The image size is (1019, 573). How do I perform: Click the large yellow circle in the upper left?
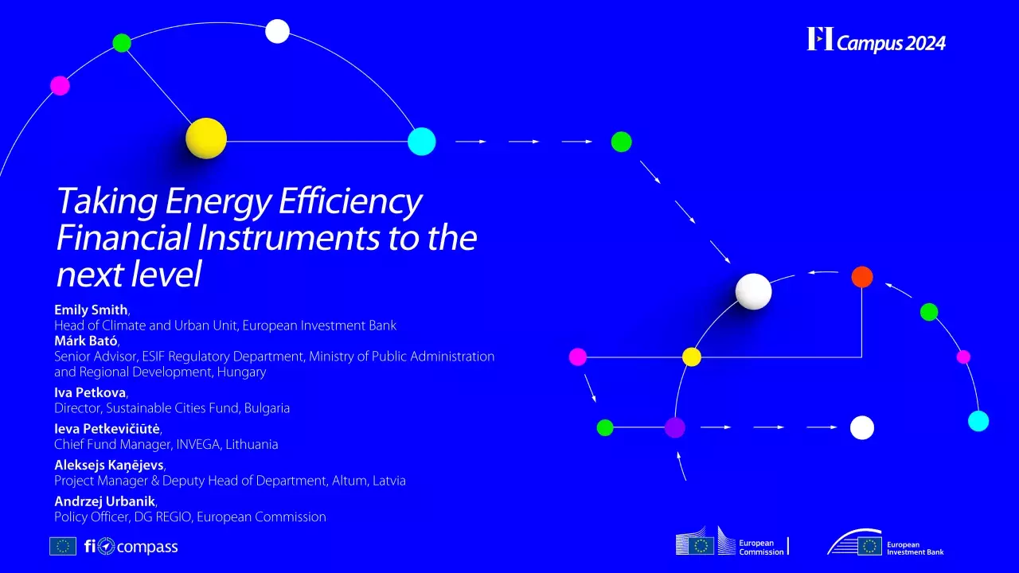click(206, 138)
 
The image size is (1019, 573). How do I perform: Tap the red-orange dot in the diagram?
click(862, 277)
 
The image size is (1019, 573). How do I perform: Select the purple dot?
click(675, 427)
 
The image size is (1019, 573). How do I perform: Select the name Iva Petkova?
click(90, 393)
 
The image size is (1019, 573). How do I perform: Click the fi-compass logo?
click(131, 547)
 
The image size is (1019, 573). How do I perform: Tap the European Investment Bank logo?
click(885, 544)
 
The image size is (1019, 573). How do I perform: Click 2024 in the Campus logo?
click(925, 44)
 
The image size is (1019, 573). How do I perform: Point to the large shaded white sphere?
click(753, 291)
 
